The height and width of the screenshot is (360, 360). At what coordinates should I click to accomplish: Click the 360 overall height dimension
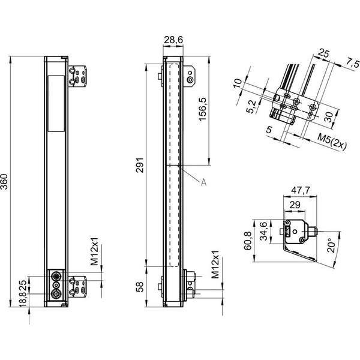(4, 182)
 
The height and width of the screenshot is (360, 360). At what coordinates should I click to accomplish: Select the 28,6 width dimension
(173, 40)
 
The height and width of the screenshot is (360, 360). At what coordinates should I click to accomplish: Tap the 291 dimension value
(140, 165)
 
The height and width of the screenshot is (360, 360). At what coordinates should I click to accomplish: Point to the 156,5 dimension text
(203, 109)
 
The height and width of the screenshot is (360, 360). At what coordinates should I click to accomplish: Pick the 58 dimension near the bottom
(140, 287)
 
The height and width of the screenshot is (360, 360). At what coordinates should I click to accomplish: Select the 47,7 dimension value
(301, 190)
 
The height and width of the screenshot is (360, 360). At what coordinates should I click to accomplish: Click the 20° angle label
(331, 245)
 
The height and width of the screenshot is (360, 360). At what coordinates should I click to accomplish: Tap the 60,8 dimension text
(248, 241)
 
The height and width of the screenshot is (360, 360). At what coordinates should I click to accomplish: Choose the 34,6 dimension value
(263, 231)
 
